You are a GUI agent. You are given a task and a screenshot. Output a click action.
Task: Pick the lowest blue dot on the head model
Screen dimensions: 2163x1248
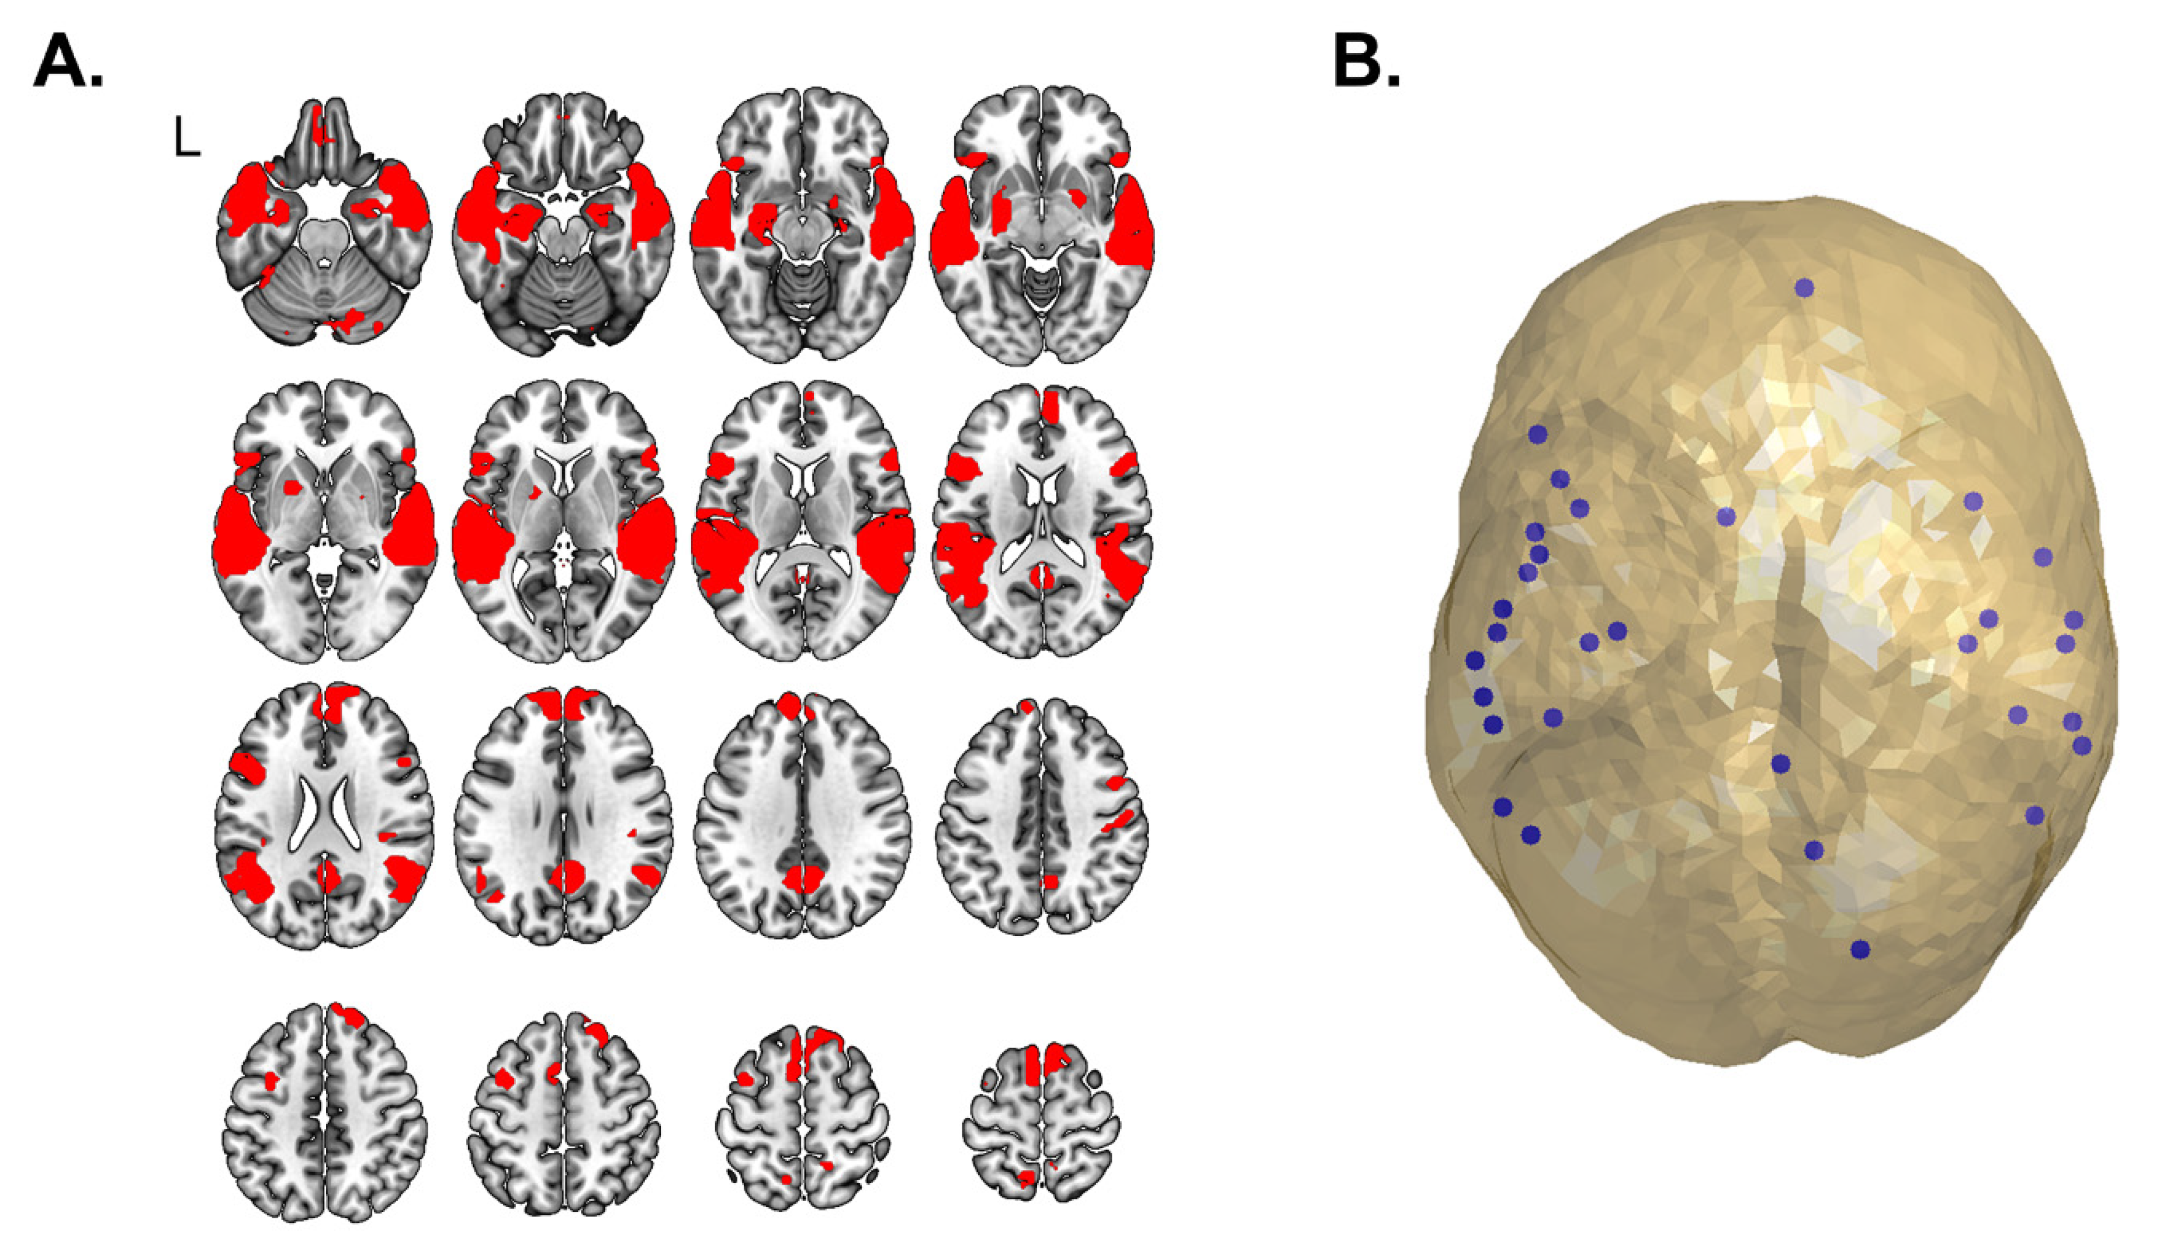tap(1860, 950)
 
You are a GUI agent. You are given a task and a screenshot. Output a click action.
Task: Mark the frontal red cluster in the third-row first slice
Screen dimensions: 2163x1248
tap(337, 704)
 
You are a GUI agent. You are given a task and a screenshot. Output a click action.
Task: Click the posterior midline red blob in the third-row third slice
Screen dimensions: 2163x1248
tap(803, 878)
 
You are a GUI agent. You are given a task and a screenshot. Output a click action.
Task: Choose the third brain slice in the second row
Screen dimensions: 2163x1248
tap(803, 521)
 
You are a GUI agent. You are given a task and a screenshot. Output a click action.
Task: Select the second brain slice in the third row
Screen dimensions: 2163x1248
tap(563, 814)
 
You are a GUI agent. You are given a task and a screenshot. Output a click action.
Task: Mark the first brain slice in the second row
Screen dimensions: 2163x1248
tap(324, 521)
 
